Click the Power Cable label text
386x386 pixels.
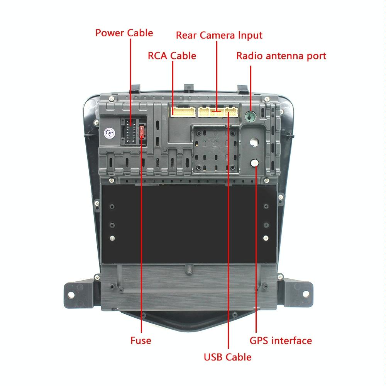[124, 33]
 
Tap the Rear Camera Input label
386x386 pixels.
[219, 35]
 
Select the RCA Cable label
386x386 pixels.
[172, 56]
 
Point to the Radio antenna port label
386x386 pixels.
[281, 56]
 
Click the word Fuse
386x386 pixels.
[141, 340]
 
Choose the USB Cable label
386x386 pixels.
[227, 357]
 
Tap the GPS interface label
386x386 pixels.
[281, 340]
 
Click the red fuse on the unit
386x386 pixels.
[143, 131]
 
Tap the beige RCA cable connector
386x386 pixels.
[183, 112]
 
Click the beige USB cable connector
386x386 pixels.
[232, 112]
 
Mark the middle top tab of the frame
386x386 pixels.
[188, 88]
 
